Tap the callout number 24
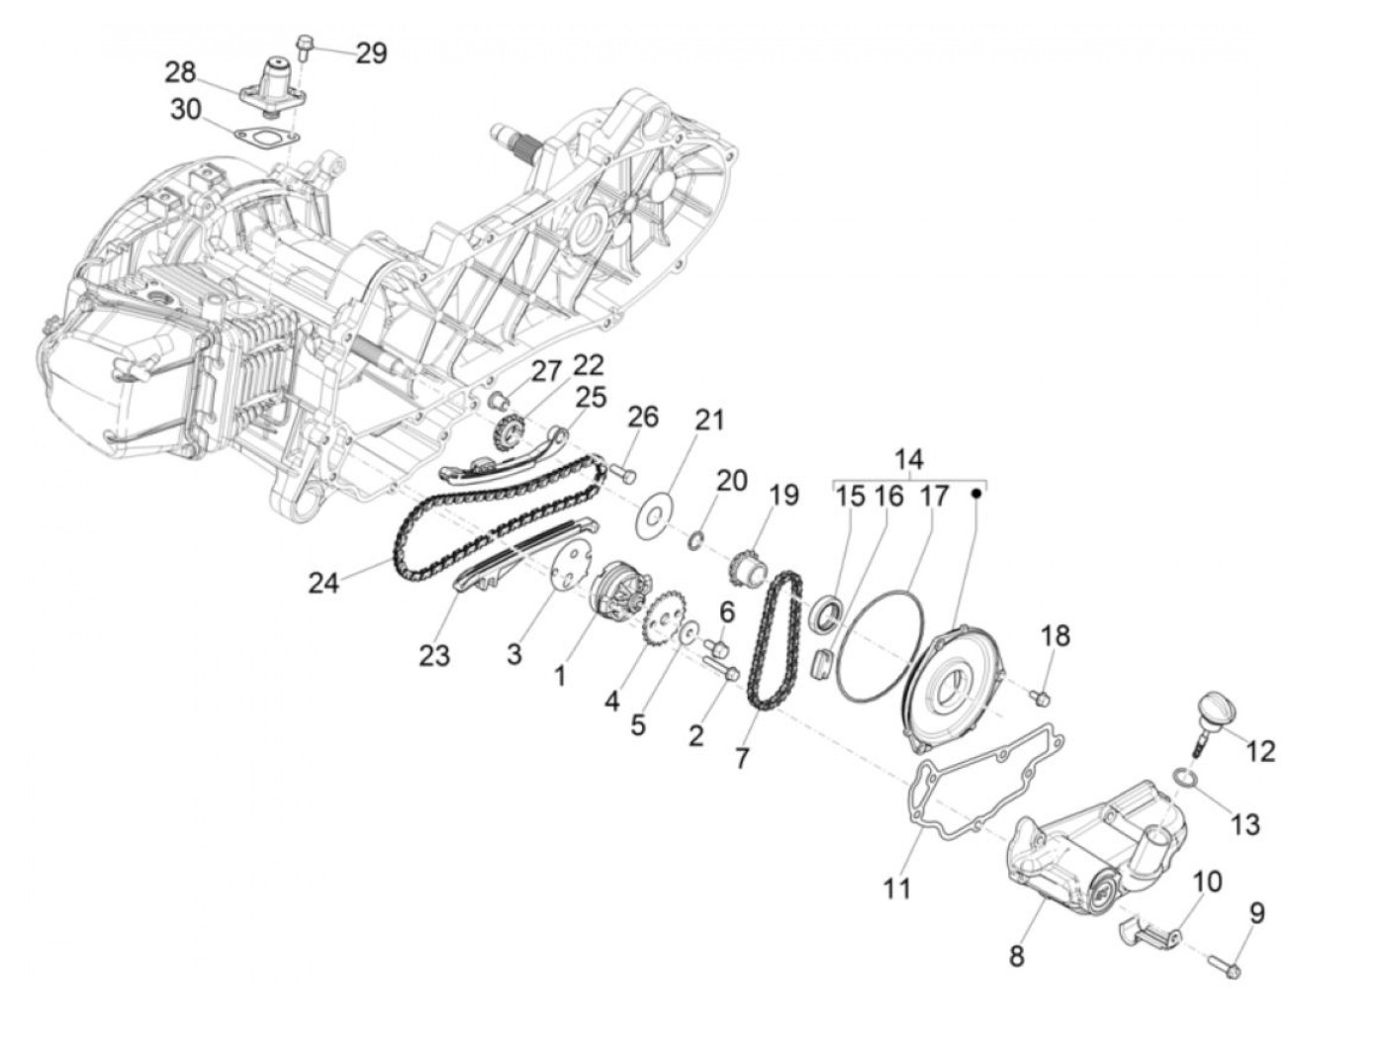[323, 583]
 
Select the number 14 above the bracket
[908, 459]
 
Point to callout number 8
[1017, 956]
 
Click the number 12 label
[1260, 751]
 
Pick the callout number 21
[708, 420]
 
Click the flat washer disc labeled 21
[654, 515]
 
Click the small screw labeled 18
[1040, 699]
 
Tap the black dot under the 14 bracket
[976, 492]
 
